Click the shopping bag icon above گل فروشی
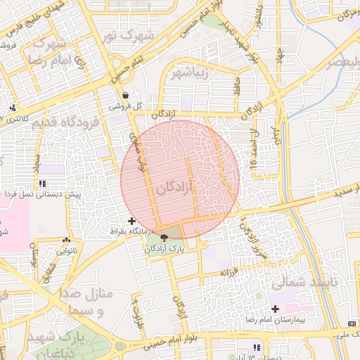tap(125, 95)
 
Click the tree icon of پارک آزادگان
tap(164, 238)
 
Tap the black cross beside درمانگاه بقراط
tap(131, 221)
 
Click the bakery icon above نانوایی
tap(67, 240)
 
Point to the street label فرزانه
tap(234, 271)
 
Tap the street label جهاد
tap(281, 53)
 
